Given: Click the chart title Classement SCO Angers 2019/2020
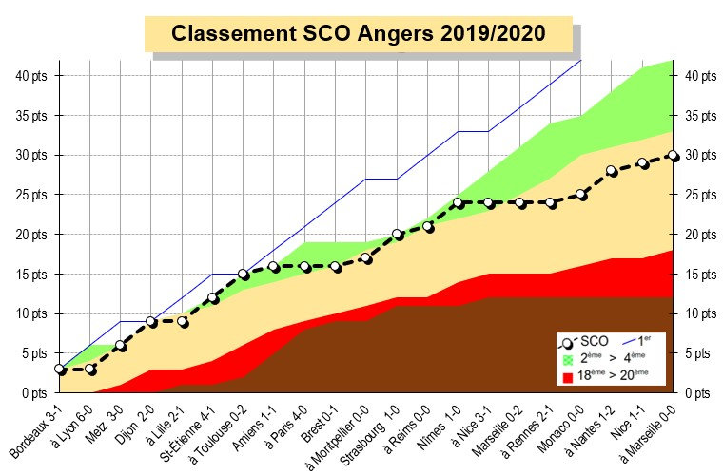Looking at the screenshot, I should tap(359, 34).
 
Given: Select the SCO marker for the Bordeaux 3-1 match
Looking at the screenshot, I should tap(59, 369).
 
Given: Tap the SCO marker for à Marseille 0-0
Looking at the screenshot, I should tap(674, 156).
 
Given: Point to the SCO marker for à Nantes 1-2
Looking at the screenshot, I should tap(613, 171).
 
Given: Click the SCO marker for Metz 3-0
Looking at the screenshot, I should tap(121, 346).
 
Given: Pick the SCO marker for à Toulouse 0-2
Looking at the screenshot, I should tap(244, 274).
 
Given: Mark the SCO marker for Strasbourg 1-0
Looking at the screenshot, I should tap(398, 235).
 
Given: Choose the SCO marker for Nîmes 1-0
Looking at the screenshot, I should tap(459, 202).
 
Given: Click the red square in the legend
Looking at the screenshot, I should tap(569, 377).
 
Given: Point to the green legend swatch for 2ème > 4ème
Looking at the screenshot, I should tap(569, 359).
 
